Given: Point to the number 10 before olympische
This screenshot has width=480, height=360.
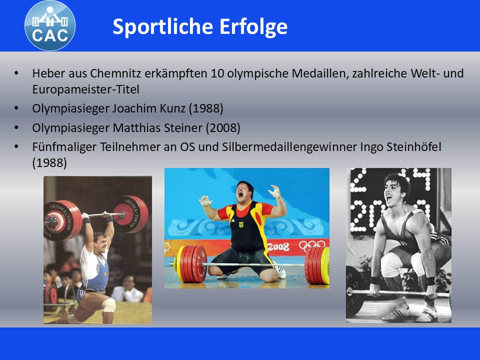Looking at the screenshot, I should [217, 74].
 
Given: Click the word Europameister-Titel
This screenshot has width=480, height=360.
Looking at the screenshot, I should [85, 90].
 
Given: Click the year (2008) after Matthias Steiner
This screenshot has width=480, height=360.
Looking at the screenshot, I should [223, 127].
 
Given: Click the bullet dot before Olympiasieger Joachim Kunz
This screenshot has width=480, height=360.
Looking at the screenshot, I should [16, 108].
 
